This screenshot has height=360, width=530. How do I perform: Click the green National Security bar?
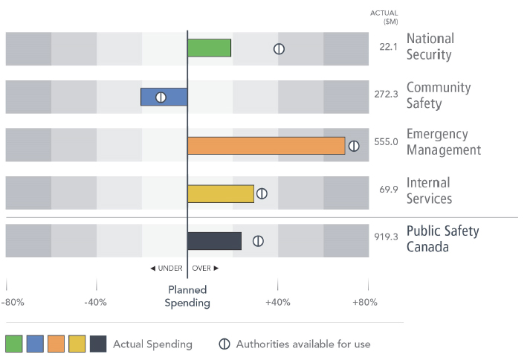[x=209, y=48]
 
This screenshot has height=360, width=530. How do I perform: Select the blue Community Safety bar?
[x=164, y=97]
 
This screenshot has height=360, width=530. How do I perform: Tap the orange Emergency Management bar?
[x=266, y=146]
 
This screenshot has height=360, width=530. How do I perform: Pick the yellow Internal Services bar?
[x=221, y=194]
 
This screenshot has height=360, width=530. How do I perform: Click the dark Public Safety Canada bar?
[x=214, y=241]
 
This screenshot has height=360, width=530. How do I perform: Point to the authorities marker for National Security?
[x=279, y=49]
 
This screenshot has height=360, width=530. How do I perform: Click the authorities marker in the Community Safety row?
[x=161, y=97]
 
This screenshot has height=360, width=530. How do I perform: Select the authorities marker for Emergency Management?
[x=354, y=146]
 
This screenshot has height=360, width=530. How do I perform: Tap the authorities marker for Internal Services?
[x=262, y=194]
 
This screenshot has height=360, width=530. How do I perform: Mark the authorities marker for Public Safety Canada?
[x=258, y=241]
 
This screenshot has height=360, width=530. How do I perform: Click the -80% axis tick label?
[x=13, y=302]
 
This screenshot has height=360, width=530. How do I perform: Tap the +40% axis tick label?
[x=277, y=302]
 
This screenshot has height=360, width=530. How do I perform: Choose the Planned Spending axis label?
[x=187, y=297]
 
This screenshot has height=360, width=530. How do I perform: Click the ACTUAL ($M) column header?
[x=384, y=17]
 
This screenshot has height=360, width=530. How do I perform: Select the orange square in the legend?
[x=56, y=344]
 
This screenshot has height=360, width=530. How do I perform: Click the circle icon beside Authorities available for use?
[x=224, y=344]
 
